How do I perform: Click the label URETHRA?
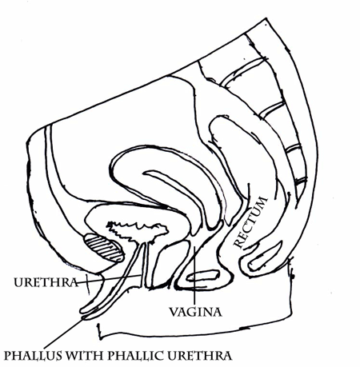click(46, 282)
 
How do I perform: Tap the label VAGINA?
click(195, 312)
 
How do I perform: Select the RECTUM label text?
click(250, 222)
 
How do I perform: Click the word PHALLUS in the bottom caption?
click(33, 356)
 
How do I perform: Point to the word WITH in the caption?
click(83, 356)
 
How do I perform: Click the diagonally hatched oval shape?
click(104, 248)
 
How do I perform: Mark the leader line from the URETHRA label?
click(110, 279)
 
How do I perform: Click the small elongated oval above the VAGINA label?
click(203, 276)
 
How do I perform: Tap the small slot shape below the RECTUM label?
click(265, 256)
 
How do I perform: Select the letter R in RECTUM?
click(238, 243)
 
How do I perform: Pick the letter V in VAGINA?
click(174, 312)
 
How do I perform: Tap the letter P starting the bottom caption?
click(7, 356)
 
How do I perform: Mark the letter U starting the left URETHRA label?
click(18, 282)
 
